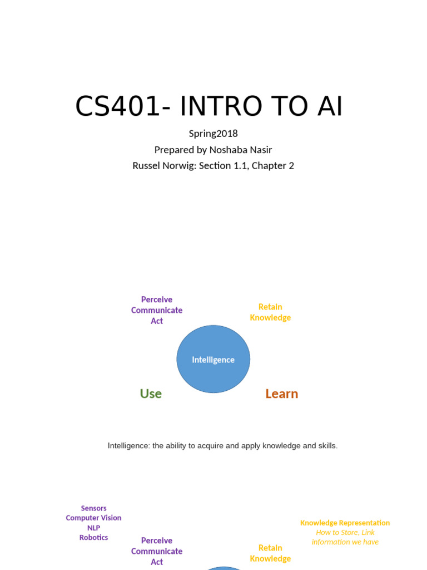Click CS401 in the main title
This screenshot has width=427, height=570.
pos(117,106)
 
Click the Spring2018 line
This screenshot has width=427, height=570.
pos(213,134)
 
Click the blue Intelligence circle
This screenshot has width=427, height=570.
pos(213,360)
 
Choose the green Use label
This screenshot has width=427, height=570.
pos(151,394)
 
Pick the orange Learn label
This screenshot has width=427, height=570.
pos(281,394)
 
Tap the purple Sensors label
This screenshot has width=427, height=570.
pos(93,508)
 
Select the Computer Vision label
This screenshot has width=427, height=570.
pos(93,518)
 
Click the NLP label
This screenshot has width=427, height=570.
pos(93,528)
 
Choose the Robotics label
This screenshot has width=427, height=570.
pos(93,538)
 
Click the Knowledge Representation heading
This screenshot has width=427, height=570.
pos(345,523)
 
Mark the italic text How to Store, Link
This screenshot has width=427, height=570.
pos(345,533)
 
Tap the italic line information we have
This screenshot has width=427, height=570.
pos(345,542)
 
